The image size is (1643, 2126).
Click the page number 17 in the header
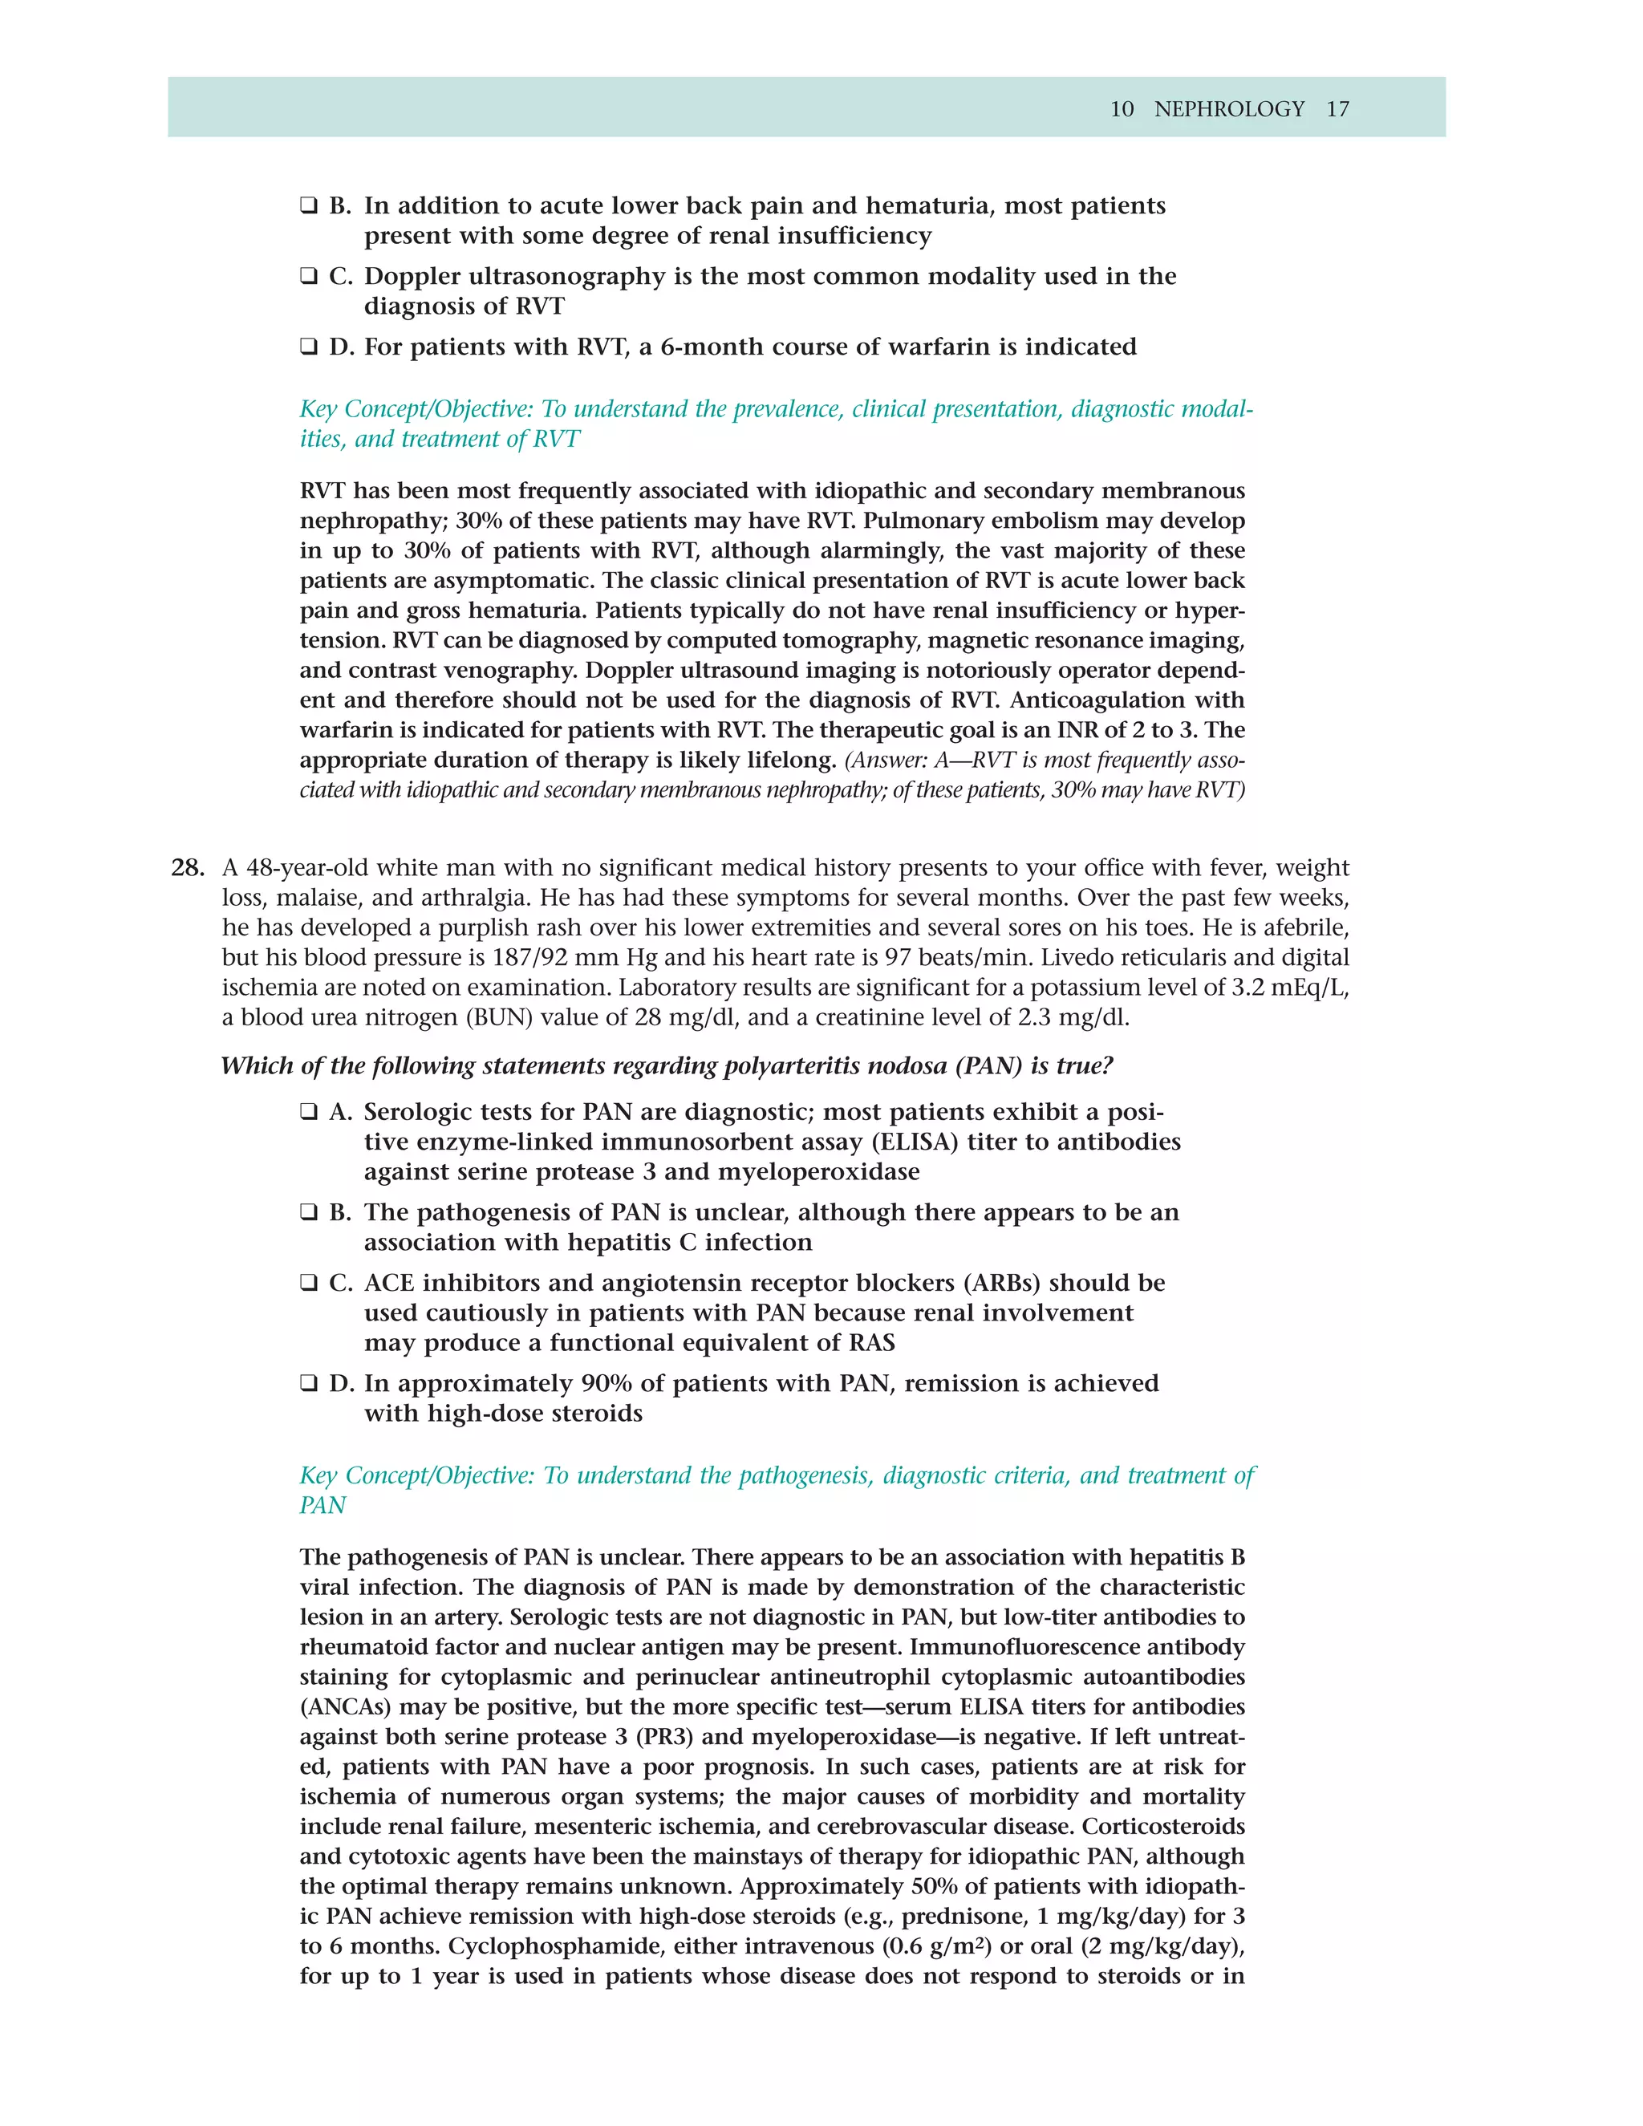[1337, 109]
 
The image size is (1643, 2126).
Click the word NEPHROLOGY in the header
[1228, 109]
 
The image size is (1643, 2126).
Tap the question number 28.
[187, 867]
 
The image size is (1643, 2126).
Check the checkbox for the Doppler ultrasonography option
[309, 277]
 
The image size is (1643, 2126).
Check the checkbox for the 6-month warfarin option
[309, 347]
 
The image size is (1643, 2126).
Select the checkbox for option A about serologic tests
[309, 1112]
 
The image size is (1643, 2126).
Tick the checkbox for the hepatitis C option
[309, 1212]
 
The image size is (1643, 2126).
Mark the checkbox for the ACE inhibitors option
[309, 1283]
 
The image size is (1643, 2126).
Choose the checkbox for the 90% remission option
[309, 1383]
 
